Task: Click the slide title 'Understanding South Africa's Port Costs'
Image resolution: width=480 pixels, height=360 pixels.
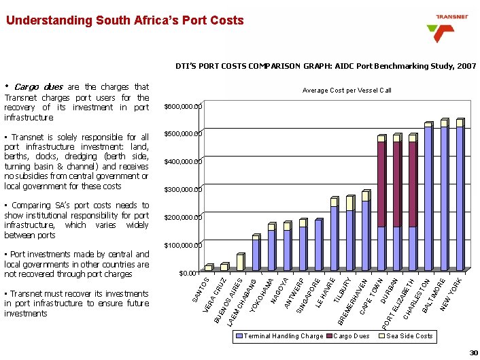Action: [124, 20]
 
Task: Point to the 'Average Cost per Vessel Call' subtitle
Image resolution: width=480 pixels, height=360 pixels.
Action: [347, 91]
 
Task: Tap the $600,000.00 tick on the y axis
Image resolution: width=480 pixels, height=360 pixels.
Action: [183, 107]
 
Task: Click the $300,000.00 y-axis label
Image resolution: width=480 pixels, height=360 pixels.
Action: [183, 189]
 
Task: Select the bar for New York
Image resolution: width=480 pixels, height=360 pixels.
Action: [460, 197]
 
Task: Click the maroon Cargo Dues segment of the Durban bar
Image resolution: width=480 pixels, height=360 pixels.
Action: [397, 184]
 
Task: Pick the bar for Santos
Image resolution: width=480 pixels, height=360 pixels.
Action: [209, 267]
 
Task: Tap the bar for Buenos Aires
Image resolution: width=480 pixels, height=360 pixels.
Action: [241, 263]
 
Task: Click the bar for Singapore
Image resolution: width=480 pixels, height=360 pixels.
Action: [318, 245]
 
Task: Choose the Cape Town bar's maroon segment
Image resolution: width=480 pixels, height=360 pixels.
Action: [381, 184]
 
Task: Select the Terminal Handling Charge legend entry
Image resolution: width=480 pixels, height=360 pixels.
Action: [279, 336]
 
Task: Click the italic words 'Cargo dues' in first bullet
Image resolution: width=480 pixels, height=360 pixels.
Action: [38, 87]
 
